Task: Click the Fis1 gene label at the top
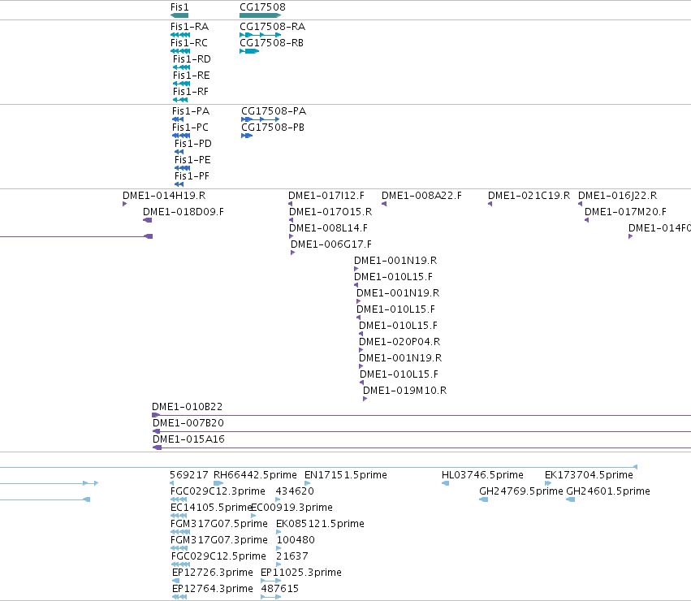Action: click(x=179, y=7)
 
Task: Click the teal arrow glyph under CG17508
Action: click(x=260, y=15)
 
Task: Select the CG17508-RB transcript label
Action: click(x=271, y=43)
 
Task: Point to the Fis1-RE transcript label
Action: click(x=192, y=76)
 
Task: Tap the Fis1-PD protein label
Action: click(x=193, y=143)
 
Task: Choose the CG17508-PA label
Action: click(x=274, y=110)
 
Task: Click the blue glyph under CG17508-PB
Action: click(x=247, y=136)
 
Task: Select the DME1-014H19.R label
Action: click(x=164, y=196)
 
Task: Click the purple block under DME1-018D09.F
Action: click(x=148, y=220)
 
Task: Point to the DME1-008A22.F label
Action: click(x=421, y=196)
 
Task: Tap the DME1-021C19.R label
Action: click(x=529, y=196)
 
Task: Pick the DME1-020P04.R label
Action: click(x=399, y=341)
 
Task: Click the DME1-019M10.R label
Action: click(x=404, y=390)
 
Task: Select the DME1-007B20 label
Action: click(x=188, y=423)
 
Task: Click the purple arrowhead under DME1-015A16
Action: click(x=157, y=448)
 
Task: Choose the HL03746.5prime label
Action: click(x=482, y=475)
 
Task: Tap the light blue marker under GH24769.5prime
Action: click(x=483, y=499)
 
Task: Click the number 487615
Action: click(x=280, y=588)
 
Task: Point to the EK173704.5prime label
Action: click(x=589, y=475)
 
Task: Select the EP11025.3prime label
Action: click(x=301, y=573)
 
